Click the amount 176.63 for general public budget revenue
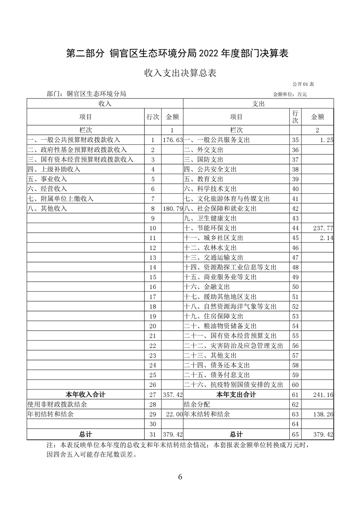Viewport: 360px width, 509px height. click(173, 140)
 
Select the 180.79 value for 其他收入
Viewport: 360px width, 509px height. click(173, 209)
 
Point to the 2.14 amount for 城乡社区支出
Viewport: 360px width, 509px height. click(326, 238)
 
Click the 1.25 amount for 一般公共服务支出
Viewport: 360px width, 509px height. click(326, 140)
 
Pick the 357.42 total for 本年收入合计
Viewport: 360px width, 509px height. click(173, 395)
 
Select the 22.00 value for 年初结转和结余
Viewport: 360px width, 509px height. click(174, 414)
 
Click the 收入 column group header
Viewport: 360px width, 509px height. click(105, 104)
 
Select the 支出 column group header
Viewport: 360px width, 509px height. click(258, 104)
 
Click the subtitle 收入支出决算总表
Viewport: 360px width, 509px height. click(180, 73)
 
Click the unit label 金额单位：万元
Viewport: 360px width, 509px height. click(290, 94)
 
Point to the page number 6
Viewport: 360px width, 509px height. click(180, 477)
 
